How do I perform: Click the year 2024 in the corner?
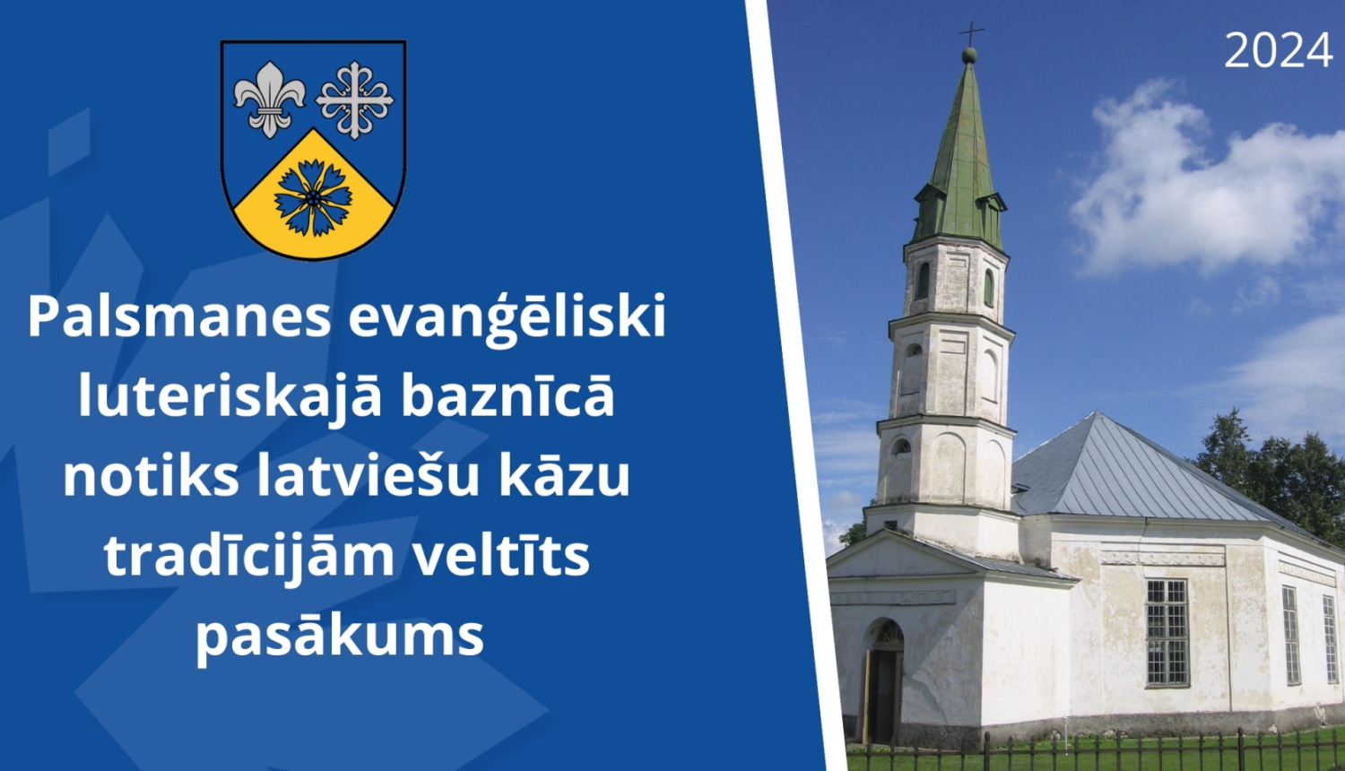point(1278,51)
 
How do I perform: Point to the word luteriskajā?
point(230,396)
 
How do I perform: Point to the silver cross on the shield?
point(355,100)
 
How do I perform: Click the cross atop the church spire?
point(970,34)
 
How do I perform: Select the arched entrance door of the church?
point(884,681)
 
